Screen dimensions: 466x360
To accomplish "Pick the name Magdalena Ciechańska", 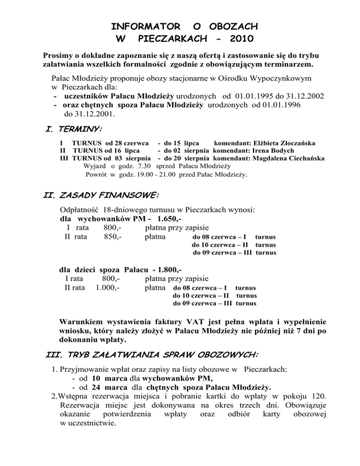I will [288, 158].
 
